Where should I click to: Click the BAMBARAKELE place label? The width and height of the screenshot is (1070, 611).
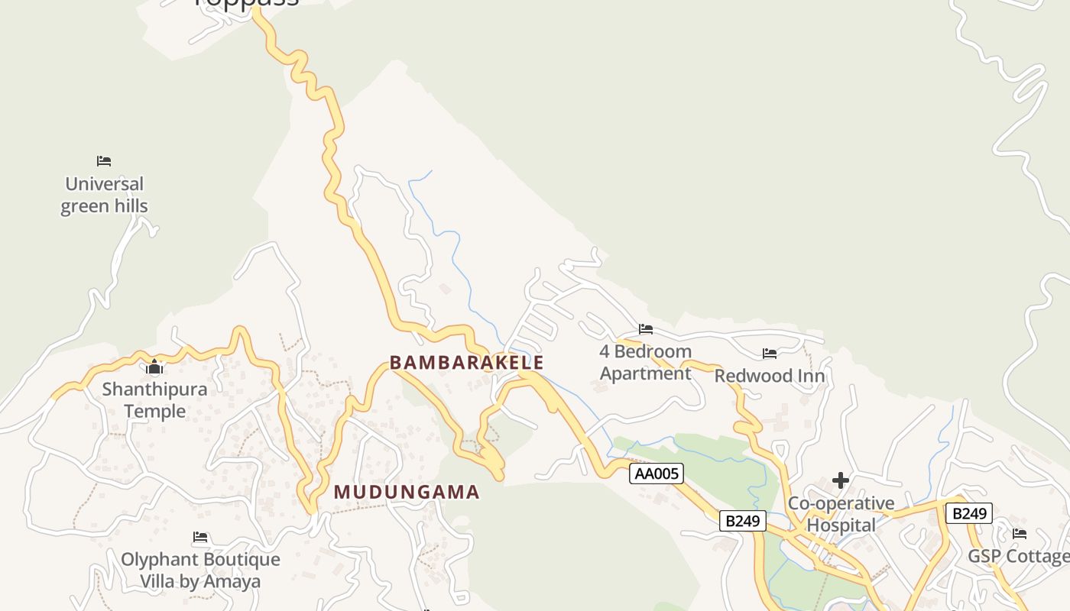click(466, 362)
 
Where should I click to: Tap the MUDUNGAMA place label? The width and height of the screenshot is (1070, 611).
click(407, 492)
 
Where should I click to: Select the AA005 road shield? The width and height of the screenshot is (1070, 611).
click(657, 474)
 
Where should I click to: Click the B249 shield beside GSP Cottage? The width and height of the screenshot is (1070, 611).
click(968, 513)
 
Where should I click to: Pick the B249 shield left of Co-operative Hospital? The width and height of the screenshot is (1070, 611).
click(742, 521)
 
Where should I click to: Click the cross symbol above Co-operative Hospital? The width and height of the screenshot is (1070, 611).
click(841, 480)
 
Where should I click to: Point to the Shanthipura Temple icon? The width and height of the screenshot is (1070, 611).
click(154, 367)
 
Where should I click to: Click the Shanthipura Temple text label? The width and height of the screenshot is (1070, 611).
click(154, 400)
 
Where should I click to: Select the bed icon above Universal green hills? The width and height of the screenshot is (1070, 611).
click(104, 161)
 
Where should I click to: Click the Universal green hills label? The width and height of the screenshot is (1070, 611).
click(104, 195)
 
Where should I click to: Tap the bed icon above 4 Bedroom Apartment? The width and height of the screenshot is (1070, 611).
click(646, 329)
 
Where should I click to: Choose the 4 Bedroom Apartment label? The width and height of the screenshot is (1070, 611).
click(646, 362)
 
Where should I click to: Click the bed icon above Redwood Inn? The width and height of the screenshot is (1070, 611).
click(770, 353)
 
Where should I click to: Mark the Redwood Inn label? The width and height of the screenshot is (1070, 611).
click(770, 377)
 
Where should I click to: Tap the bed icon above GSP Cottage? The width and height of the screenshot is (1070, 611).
click(1020, 533)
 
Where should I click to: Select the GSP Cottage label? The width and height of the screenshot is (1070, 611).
click(1019, 556)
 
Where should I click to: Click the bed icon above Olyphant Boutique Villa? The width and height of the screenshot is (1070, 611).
click(200, 537)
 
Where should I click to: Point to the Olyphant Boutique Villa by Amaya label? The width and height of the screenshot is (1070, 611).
click(200, 570)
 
